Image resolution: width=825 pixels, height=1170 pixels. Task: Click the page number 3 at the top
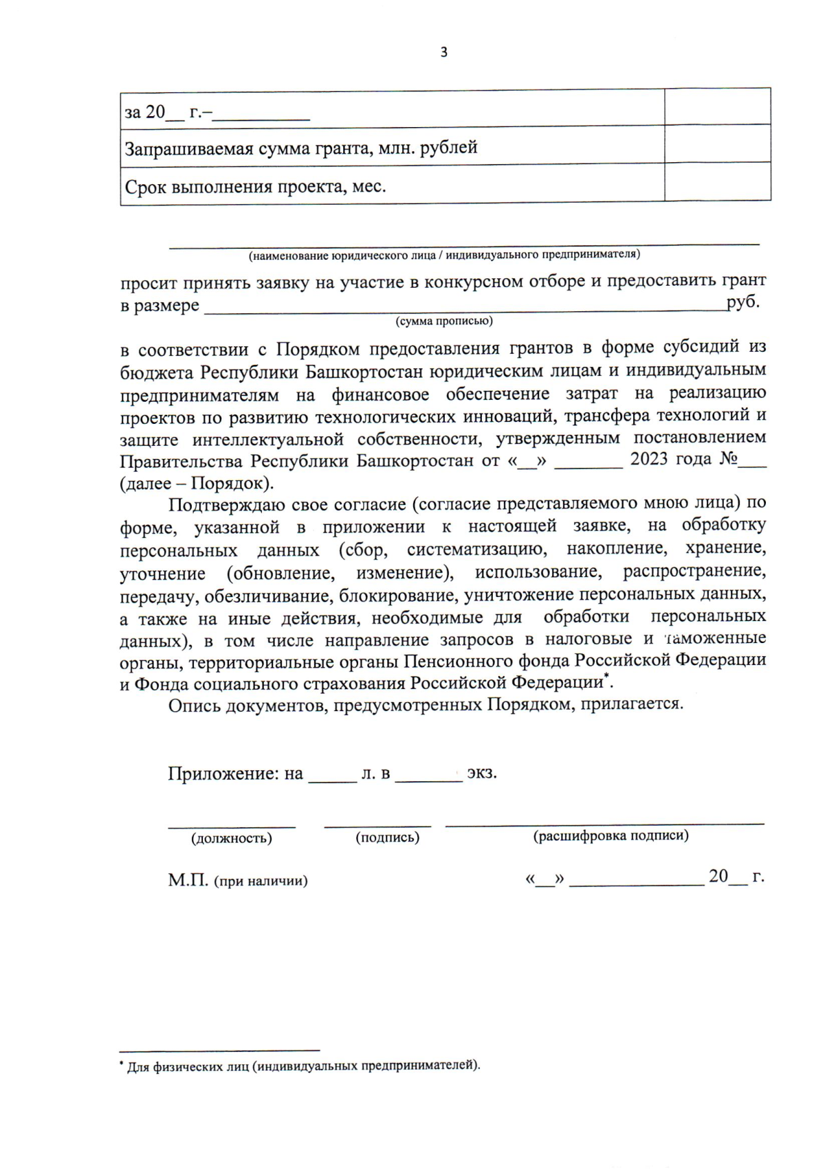point(443,52)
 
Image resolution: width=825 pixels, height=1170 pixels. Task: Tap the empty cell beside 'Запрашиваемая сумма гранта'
point(717,144)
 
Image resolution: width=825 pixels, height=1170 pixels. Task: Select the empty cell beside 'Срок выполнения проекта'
point(717,182)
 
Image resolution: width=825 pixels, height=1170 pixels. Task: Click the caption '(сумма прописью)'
point(443,321)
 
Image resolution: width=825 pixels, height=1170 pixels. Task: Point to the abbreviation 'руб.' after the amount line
point(742,302)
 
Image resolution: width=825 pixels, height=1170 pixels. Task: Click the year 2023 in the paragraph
point(649,459)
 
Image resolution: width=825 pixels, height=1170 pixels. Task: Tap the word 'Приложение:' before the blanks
point(224,774)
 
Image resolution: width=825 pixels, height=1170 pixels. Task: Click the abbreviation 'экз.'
point(482,773)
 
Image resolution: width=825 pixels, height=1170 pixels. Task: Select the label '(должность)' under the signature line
point(232,838)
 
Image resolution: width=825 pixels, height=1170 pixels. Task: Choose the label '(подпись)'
point(387,837)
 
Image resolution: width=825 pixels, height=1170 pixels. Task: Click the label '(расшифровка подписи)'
point(610,835)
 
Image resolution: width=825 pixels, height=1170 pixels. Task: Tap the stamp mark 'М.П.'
point(188,880)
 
